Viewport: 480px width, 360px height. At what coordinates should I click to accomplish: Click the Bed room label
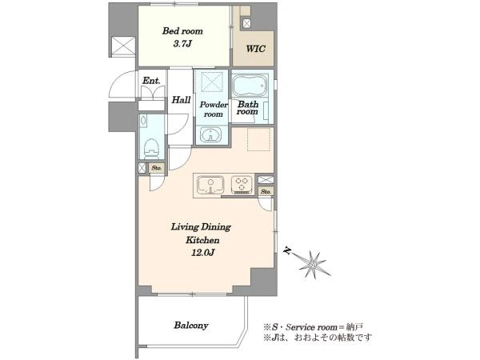(x=182, y=31)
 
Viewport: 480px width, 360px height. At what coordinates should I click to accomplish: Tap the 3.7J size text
(x=182, y=44)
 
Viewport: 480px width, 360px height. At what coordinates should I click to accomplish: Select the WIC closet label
(x=256, y=49)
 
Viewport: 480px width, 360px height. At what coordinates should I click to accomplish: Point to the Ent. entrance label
(x=151, y=81)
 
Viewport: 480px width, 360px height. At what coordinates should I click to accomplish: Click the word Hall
(x=181, y=99)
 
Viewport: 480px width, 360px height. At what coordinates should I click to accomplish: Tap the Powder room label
(x=214, y=110)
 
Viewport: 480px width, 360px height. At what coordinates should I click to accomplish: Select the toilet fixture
(x=151, y=149)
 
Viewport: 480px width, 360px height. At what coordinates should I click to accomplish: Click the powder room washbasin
(x=211, y=135)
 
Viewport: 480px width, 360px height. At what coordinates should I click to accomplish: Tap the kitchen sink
(x=210, y=185)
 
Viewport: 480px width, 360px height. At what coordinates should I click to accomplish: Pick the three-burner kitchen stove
(x=242, y=184)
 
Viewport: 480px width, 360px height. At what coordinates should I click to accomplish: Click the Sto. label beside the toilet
(x=157, y=168)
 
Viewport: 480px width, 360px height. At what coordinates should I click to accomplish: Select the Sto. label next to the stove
(x=266, y=192)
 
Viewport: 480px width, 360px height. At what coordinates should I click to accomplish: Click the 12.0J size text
(x=202, y=253)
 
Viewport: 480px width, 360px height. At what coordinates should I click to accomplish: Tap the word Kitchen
(x=202, y=240)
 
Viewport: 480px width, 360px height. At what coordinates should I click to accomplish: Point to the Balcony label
(x=191, y=325)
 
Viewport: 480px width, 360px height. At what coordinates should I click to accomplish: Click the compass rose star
(x=313, y=265)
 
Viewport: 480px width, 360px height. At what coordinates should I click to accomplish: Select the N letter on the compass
(x=287, y=250)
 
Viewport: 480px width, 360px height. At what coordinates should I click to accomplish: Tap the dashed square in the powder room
(x=213, y=82)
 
